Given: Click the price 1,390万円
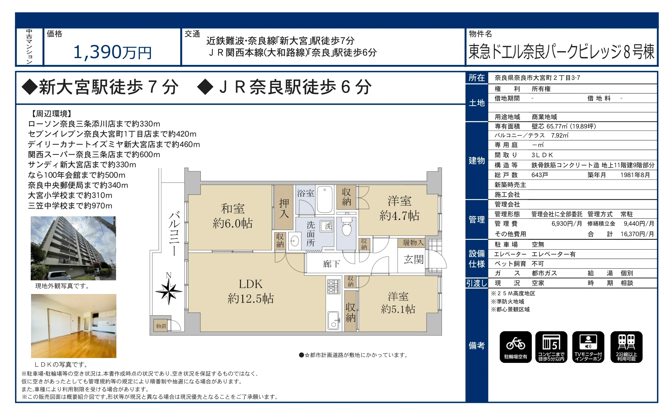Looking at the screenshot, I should point(112,52).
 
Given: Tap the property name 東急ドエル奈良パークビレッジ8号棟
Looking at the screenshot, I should point(561,52).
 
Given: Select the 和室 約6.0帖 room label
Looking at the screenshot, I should point(232,216).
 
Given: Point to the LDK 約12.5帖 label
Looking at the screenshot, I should point(250,291).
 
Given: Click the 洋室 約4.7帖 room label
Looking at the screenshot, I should point(399,208).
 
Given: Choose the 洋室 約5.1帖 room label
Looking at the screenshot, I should point(398,303).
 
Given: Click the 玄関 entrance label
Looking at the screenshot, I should point(413,259).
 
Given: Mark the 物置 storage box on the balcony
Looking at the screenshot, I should point(161,326).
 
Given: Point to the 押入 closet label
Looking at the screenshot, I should point(284,208).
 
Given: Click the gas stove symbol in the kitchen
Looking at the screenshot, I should point(333,286).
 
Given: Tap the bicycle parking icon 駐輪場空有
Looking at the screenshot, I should point(515,347).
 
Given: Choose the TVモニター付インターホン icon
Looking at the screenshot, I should point(588,347).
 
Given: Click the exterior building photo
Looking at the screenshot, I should point(73,248).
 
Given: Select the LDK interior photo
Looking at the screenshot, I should point(74,326).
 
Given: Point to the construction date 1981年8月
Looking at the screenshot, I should point(635,175).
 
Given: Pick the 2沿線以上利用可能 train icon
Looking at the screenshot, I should point(626,347).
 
